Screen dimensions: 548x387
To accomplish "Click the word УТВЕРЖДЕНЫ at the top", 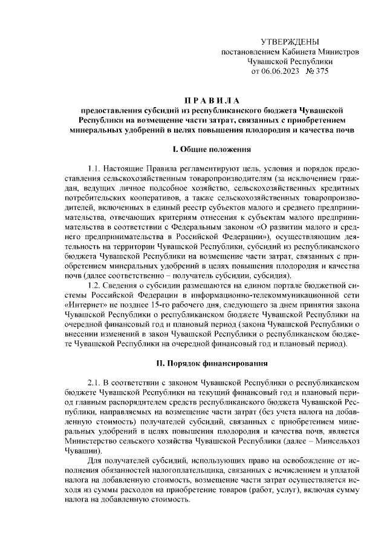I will click(289, 42).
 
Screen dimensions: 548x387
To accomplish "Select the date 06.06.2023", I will click(282, 71).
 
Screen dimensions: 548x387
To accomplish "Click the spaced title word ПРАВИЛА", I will click(212, 100).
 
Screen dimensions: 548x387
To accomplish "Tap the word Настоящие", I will click(126, 168).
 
